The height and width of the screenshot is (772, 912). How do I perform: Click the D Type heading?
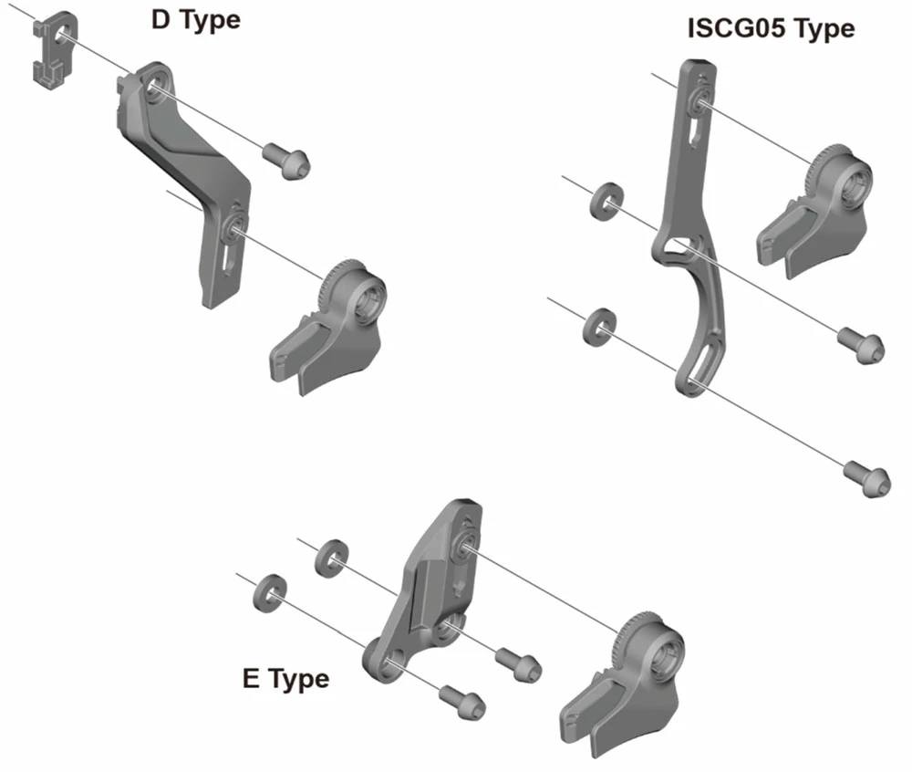point(195,19)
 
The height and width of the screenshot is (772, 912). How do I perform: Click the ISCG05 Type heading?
point(771,28)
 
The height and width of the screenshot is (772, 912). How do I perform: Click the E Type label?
point(285,679)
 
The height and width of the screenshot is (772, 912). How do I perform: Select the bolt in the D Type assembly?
point(287,162)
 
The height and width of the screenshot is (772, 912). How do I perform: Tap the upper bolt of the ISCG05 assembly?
point(860,344)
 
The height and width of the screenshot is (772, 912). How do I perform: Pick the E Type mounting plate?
point(429,593)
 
